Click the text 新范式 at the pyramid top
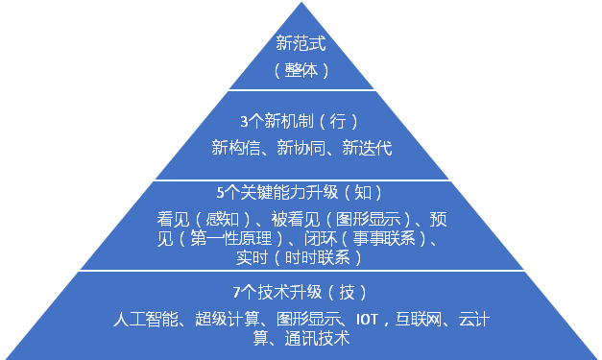pyautogui.click(x=301, y=43)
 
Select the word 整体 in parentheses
pyautogui.click(x=301, y=70)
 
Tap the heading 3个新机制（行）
pyautogui.click(x=301, y=122)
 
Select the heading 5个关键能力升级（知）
pyautogui.click(x=301, y=190)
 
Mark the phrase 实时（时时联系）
pyautogui.click(x=301, y=257)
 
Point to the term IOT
pyautogui.click(x=368, y=319)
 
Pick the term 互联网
pyautogui.click(x=421, y=319)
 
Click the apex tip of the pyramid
pyautogui.click(x=301, y=3)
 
